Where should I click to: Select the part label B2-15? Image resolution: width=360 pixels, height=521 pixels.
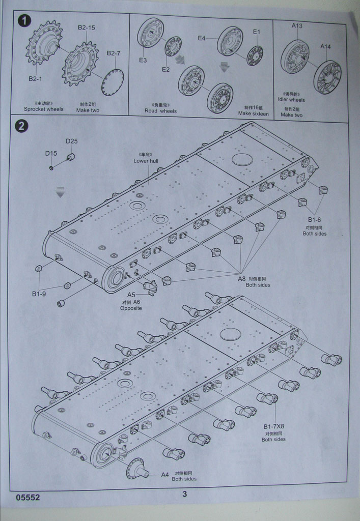(86, 27)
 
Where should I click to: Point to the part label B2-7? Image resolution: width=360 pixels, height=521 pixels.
(114, 53)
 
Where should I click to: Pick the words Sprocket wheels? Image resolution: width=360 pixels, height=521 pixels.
(43, 109)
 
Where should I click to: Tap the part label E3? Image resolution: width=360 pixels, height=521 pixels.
(143, 60)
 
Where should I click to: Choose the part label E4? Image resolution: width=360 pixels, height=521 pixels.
(202, 38)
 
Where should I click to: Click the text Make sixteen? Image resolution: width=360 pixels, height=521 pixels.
(253, 114)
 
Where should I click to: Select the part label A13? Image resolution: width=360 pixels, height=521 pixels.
(297, 26)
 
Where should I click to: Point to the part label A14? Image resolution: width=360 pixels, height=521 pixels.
(325, 47)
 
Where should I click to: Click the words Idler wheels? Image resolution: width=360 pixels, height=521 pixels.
(292, 100)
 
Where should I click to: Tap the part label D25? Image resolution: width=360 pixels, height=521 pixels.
(71, 141)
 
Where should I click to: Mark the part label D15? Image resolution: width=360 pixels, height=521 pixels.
(51, 153)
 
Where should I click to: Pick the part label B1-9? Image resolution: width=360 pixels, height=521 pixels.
(39, 294)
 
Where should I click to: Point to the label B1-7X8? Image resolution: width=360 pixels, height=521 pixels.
(274, 426)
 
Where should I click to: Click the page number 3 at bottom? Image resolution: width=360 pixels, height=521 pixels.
(184, 494)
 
